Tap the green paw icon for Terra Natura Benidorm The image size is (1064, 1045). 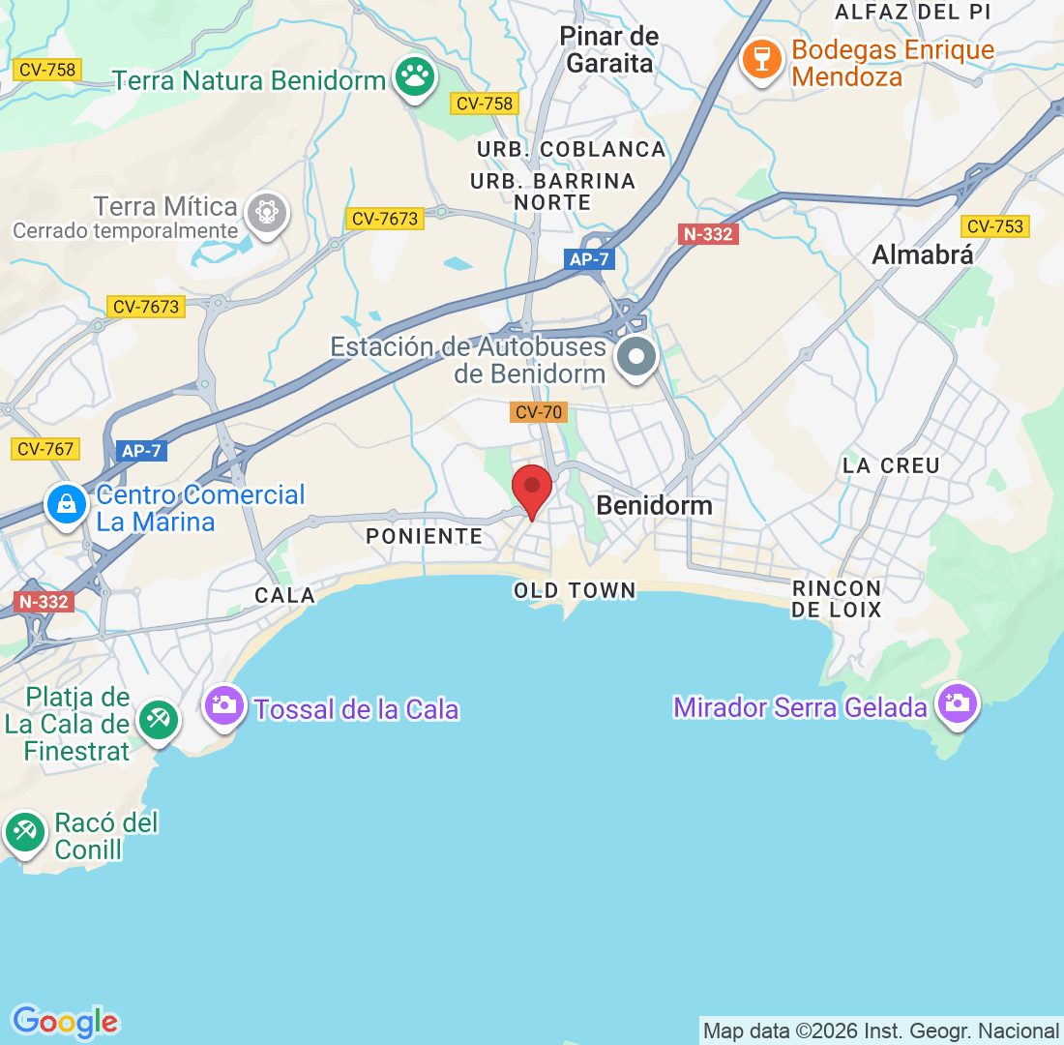[415, 77]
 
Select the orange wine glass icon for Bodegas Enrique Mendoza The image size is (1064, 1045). [762, 60]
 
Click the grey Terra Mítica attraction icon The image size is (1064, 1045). [266, 212]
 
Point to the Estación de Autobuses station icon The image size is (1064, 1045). [636, 357]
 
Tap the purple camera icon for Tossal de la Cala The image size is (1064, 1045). [225, 704]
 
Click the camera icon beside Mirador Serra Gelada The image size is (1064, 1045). [958, 703]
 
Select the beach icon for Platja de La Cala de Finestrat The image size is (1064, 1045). [156, 720]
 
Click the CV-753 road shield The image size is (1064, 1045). [994, 226]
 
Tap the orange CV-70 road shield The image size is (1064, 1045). [538, 413]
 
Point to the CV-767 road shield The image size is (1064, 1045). [45, 449]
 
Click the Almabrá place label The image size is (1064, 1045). [922, 254]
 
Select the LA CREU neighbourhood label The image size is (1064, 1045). [891, 465]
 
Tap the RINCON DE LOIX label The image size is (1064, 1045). [837, 599]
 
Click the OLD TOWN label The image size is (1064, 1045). [575, 590]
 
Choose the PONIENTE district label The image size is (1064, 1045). [424, 536]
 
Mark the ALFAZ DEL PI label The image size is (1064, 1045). [913, 12]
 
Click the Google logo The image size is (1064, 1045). [65, 1022]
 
